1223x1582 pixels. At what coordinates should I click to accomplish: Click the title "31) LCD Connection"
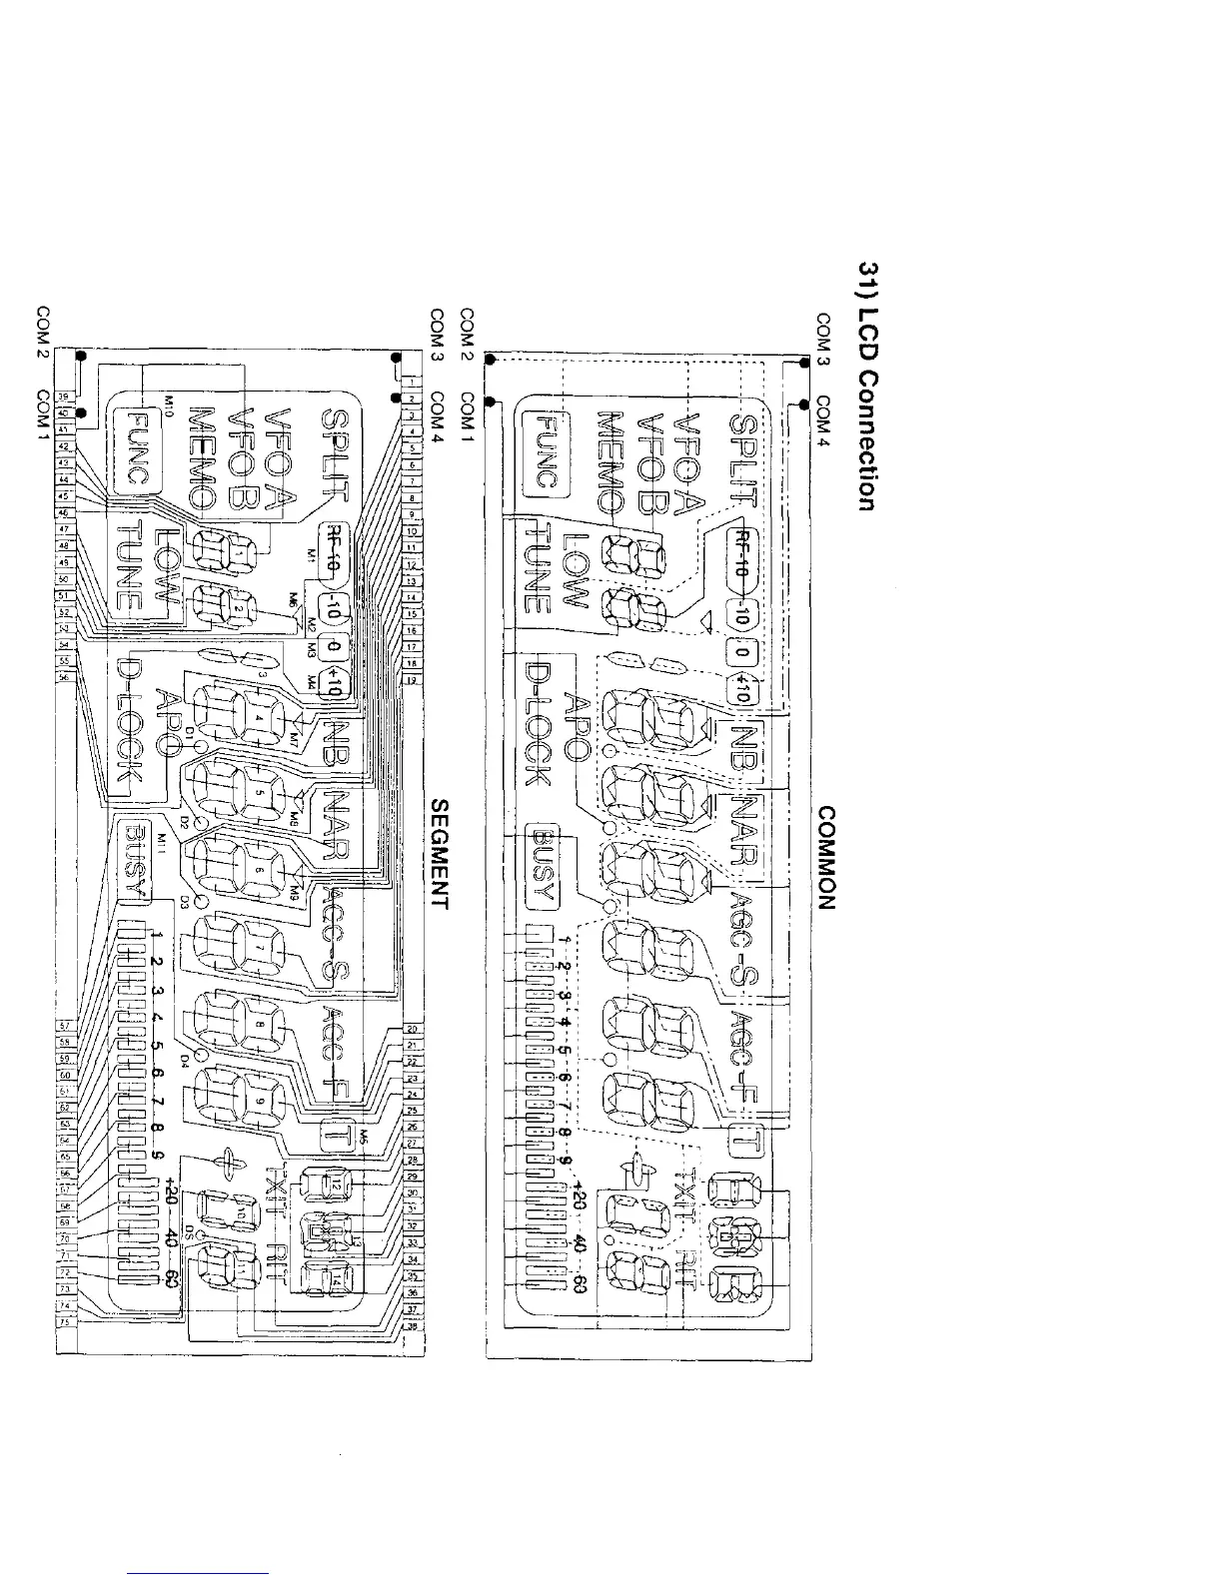click(866, 387)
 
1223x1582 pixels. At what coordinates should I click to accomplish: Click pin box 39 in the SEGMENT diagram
click(60, 396)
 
